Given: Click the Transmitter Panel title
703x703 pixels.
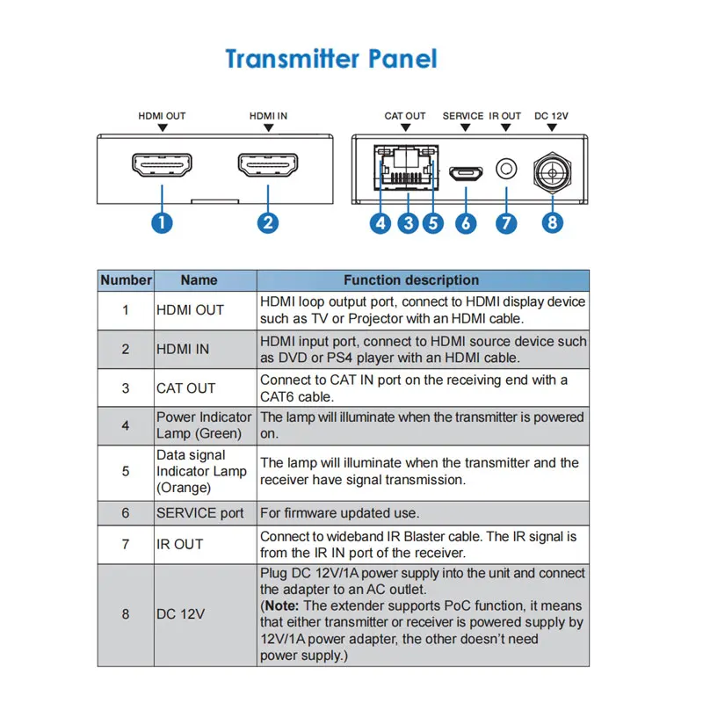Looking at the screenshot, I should (x=331, y=59).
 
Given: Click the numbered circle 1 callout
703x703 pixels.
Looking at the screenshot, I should (x=162, y=222).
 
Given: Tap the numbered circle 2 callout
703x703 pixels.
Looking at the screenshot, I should (x=268, y=222).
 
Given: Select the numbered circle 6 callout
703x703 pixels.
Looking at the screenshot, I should (x=466, y=223).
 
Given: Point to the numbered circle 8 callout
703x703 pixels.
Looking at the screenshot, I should (x=552, y=222).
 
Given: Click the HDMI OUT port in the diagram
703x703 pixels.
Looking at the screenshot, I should (x=162, y=166).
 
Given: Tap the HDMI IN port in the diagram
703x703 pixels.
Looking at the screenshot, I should (x=268, y=166).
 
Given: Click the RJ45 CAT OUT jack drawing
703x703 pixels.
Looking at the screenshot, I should (x=407, y=164).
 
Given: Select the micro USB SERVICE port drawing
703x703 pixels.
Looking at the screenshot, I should (x=465, y=173).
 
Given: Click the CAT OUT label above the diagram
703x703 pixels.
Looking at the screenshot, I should (x=405, y=116).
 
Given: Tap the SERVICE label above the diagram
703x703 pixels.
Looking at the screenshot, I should (x=463, y=116).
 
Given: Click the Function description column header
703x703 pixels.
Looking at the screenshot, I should (x=411, y=280).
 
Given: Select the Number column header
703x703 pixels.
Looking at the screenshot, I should (x=126, y=280).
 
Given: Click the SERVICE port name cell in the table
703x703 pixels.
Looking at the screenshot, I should (x=200, y=512).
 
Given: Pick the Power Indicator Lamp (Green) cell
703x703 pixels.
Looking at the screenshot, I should (x=204, y=425).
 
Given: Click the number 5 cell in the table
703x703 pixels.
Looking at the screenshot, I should (x=126, y=471).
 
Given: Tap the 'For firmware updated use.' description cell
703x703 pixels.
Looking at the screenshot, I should (x=339, y=512).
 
